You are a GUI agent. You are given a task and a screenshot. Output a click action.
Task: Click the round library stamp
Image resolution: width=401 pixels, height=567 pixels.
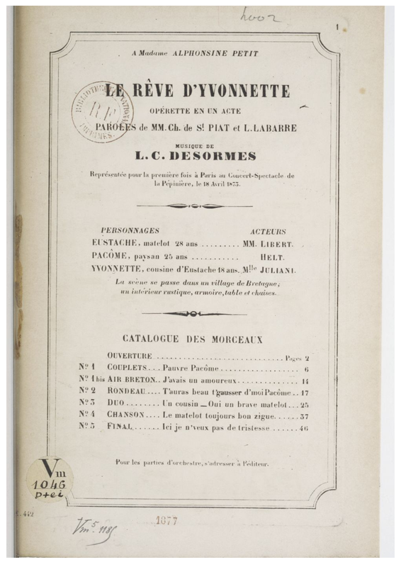point(101,111)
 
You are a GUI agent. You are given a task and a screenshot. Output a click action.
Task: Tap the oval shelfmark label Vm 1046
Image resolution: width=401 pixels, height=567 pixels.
point(49,477)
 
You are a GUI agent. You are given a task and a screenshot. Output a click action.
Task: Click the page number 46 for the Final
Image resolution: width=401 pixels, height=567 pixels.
point(303,428)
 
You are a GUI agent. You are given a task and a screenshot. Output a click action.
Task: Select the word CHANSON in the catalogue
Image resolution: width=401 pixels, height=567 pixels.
point(126,414)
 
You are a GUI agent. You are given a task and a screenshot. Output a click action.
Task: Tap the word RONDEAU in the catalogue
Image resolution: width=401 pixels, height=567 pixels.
point(128,391)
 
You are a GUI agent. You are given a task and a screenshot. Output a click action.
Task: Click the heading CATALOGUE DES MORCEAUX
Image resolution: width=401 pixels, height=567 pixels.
point(192,339)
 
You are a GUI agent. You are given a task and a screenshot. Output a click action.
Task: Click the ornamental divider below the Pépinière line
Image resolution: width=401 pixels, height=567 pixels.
point(194,206)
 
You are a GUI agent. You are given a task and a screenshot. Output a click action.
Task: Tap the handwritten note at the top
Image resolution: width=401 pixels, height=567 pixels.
point(259,16)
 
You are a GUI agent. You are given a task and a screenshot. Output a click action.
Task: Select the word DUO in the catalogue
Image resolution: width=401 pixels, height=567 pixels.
point(117,403)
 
